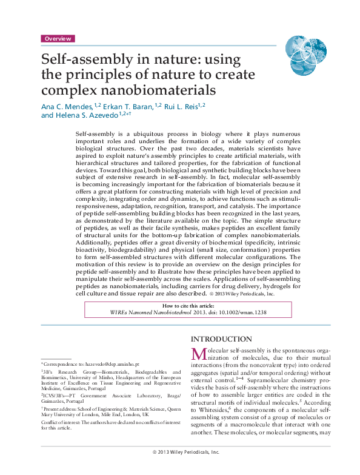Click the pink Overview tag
point(58,38)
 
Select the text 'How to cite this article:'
point(180,306)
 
